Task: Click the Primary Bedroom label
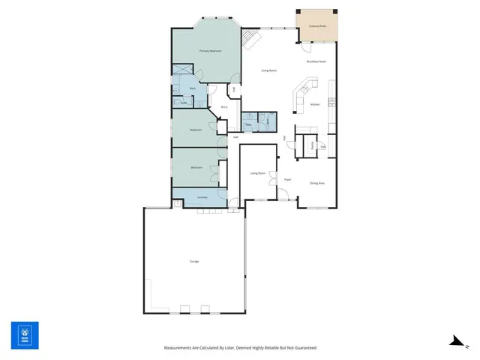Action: (x=210, y=51)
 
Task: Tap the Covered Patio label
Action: (x=317, y=26)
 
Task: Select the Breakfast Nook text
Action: (x=316, y=61)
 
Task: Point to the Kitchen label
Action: (x=315, y=104)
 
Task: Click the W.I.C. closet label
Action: (x=223, y=107)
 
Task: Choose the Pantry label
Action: (x=310, y=145)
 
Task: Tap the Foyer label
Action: (x=287, y=180)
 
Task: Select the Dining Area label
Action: (x=316, y=183)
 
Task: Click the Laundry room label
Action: (x=202, y=197)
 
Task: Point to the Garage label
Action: (x=194, y=261)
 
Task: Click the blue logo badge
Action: (x=25, y=334)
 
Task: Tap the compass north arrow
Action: (x=454, y=340)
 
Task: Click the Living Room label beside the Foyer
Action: (x=257, y=173)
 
